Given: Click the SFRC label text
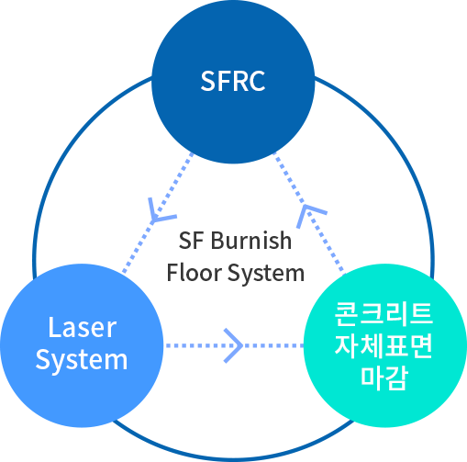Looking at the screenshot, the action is click(x=233, y=81).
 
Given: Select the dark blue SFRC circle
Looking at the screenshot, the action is click(x=233, y=82).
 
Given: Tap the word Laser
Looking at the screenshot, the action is click(x=83, y=327).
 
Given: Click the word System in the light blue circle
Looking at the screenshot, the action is click(x=82, y=360).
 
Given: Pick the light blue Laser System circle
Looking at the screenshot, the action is click(x=82, y=345).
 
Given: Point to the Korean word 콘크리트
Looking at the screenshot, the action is click(x=384, y=313).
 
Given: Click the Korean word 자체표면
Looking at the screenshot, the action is click(x=384, y=346).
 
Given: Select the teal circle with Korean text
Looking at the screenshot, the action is click(x=385, y=345).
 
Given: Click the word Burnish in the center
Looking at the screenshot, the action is click(x=251, y=241).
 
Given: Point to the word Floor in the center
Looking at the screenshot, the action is click(x=195, y=273).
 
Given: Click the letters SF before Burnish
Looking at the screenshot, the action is click(x=191, y=241).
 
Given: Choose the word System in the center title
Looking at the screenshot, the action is click(x=266, y=274).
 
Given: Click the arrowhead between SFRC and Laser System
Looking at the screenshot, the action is click(x=158, y=213).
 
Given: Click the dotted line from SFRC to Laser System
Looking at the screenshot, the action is click(x=158, y=213).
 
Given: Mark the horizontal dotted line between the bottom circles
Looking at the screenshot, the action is click(x=234, y=345).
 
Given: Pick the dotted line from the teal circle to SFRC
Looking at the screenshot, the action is click(x=309, y=213).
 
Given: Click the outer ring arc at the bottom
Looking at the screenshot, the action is click(x=234, y=459).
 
